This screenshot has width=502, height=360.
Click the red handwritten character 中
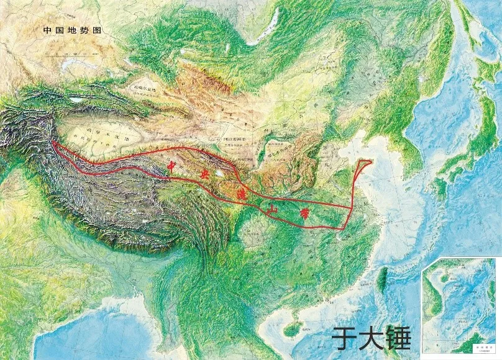click(x=174, y=166)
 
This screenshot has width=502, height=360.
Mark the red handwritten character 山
click(x=272, y=211)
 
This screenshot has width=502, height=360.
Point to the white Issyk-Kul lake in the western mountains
click(x=78, y=99)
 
